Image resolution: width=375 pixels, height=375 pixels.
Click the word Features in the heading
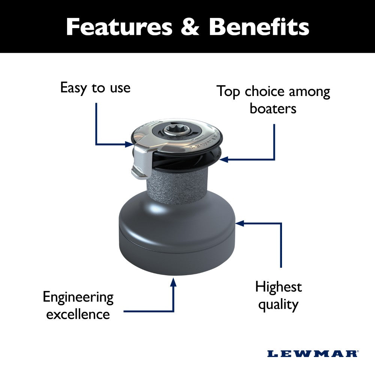[119, 27]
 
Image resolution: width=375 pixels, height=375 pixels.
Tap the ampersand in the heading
[190, 27]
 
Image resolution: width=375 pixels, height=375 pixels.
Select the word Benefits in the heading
[259, 27]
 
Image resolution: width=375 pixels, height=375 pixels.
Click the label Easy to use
[95, 88]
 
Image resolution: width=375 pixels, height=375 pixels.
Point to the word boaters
[273, 108]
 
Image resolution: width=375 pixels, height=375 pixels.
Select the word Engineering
[78, 298]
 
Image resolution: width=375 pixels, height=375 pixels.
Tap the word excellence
[78, 314]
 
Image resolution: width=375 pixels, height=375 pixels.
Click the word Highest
[279, 287]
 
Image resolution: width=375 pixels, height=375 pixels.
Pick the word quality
[278, 304]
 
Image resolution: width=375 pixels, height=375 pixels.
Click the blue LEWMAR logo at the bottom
[313, 354]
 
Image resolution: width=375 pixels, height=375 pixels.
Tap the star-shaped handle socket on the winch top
[177, 130]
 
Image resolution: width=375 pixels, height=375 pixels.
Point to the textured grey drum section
[177, 185]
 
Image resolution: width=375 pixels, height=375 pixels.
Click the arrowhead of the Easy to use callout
[129, 144]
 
